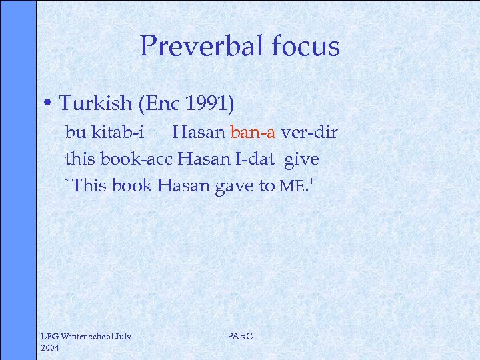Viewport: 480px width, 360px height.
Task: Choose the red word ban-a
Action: pyautogui.click(x=253, y=132)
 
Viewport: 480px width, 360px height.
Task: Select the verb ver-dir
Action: pyautogui.click(x=309, y=132)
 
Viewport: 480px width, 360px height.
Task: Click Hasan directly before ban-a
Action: pyautogui.click(x=199, y=132)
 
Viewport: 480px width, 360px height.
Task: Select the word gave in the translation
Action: pyautogui.click(x=234, y=185)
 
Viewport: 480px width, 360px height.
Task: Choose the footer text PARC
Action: pyautogui.click(x=240, y=336)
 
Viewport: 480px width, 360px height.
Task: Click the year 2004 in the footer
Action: pyautogui.click(x=51, y=347)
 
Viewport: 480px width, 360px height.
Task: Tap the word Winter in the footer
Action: pyautogui.click(x=75, y=336)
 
